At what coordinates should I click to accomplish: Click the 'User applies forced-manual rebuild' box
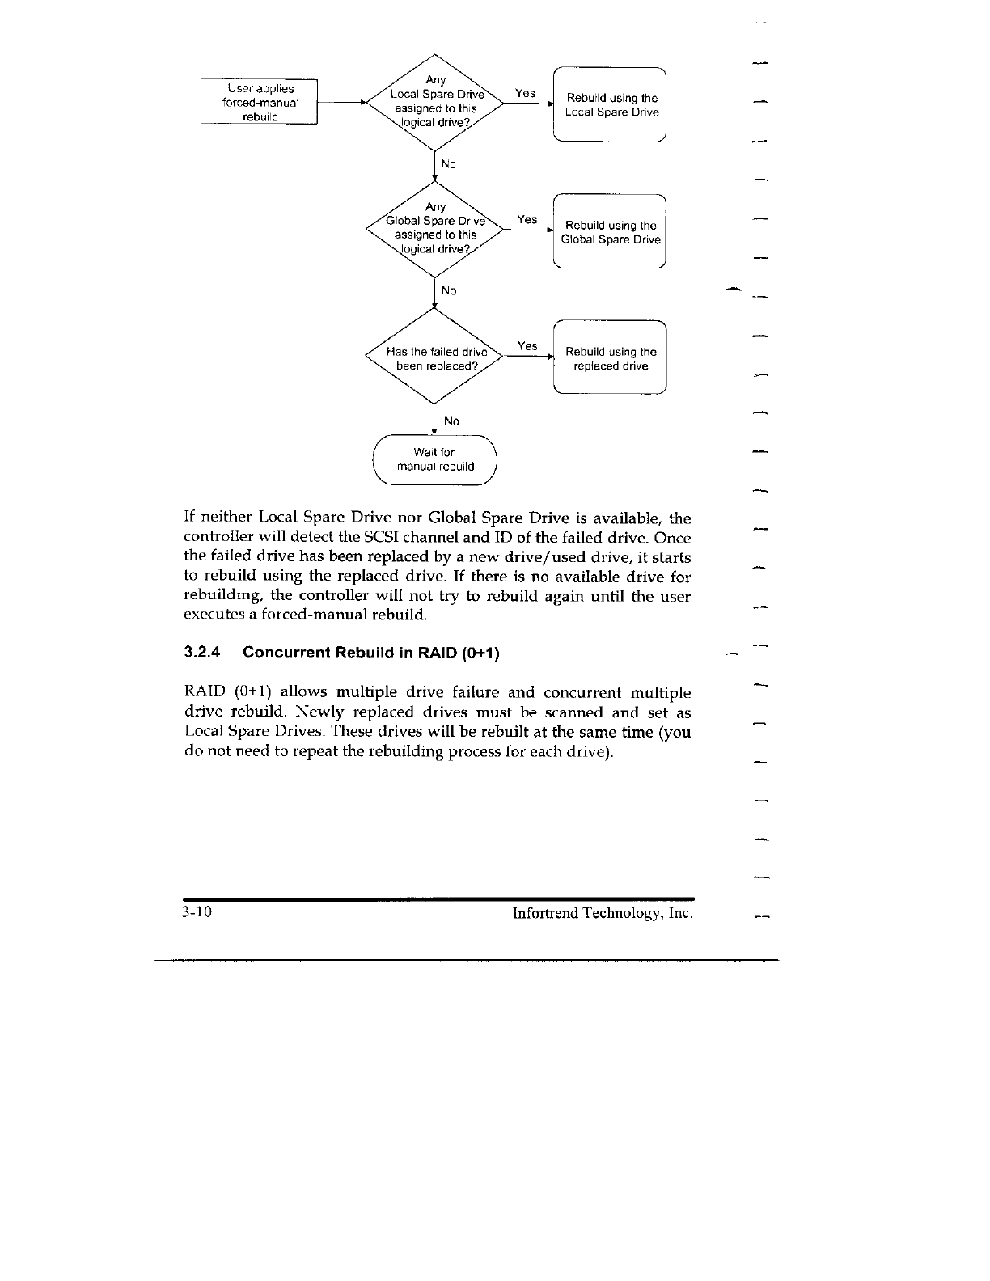pos(260,102)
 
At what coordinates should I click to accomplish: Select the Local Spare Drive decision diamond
pos(435,102)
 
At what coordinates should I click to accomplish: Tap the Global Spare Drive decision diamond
pos(435,228)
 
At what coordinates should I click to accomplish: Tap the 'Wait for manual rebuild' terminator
pos(434,459)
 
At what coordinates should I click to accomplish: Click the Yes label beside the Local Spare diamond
pos(525,93)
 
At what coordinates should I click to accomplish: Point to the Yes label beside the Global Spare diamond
pos(527,219)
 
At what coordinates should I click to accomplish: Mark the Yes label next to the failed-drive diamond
pos(527,346)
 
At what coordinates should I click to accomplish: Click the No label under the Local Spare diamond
pos(449,164)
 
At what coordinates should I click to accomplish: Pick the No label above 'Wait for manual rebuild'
pos(451,421)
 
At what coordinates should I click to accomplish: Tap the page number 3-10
pos(197,914)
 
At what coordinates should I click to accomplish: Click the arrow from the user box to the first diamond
pos(341,103)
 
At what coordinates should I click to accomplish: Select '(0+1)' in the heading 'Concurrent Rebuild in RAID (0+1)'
pos(479,653)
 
